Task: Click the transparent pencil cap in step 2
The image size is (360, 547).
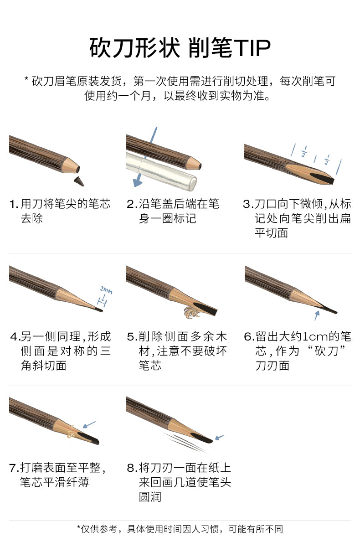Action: coord(161,171)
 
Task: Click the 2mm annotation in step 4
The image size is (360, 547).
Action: coord(106,290)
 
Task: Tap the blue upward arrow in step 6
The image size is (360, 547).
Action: coord(317,315)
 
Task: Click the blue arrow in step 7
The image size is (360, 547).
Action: coord(89,424)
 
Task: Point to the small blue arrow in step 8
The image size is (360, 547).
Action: coord(219,437)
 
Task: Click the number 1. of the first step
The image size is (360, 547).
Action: coord(14,204)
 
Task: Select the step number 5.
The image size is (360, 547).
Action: coord(132,337)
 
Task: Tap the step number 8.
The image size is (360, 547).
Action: coord(132,468)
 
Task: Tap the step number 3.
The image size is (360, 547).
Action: coord(248,204)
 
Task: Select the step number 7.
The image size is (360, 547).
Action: coord(14,468)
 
